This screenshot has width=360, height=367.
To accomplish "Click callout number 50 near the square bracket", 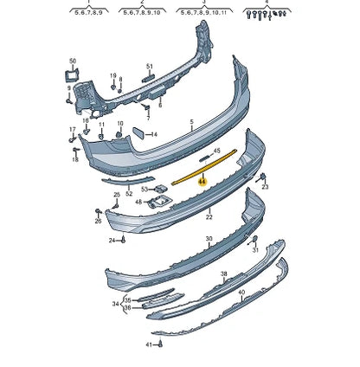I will pos(73,61).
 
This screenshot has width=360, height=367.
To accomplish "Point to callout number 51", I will pos(150,67).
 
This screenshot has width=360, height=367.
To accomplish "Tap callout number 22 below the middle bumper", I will pos(209,218).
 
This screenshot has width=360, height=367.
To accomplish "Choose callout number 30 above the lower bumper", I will pos(209,239).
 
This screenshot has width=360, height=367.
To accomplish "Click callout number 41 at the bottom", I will pos(148,344).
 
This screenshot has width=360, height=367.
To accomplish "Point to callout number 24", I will pos(112,240).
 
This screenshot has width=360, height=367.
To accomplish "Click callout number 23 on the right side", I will pos(265,186).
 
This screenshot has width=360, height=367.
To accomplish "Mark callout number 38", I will pos(224,274).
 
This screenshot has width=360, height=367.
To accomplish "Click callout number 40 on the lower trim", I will pos(241,293).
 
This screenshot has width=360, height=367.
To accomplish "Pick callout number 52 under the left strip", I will pos(129,193).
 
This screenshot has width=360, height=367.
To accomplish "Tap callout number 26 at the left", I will pos(98,221).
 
